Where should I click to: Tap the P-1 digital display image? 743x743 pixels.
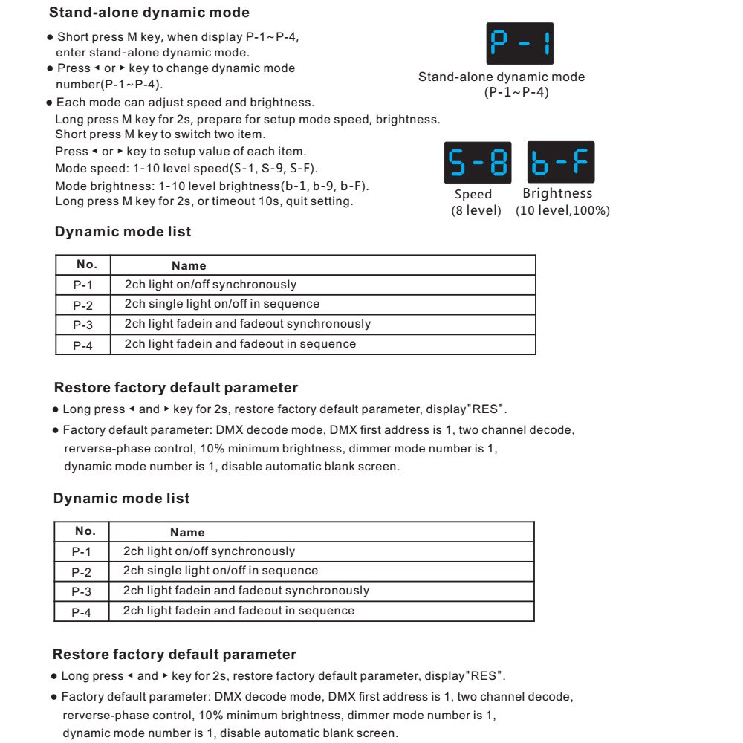pos(519,44)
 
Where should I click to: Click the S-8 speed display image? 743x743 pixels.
pos(477,162)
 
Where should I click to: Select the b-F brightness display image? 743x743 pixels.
pos(561,162)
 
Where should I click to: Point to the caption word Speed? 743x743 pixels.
pos(473,194)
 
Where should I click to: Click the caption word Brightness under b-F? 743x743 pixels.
pos(557,193)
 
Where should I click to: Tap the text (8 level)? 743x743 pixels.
pos(476,211)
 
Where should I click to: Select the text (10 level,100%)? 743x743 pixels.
pos(562,211)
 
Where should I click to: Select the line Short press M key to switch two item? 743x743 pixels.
pos(160,134)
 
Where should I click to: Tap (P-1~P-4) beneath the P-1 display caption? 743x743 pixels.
pos(516,93)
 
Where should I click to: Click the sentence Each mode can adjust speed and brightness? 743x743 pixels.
pos(185,103)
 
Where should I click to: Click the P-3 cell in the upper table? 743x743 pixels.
pos(83,325)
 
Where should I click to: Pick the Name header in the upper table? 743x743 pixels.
pos(189,265)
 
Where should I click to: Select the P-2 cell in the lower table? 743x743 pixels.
pos(82,572)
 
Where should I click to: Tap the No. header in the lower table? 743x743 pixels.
pos(85,531)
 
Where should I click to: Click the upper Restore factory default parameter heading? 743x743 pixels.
pos(176,388)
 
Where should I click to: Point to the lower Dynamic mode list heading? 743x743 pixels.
pos(121,499)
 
